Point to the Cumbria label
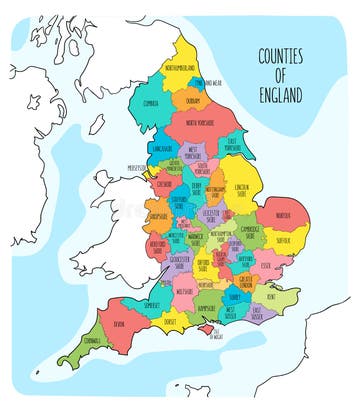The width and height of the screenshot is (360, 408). point(152,103)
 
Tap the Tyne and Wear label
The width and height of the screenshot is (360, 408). point(211,83)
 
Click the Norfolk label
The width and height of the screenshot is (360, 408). point(283,215)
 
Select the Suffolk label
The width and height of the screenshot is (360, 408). point(283,240)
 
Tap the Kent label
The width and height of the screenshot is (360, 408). point(273,297)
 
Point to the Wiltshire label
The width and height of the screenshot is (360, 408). point(183,291)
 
